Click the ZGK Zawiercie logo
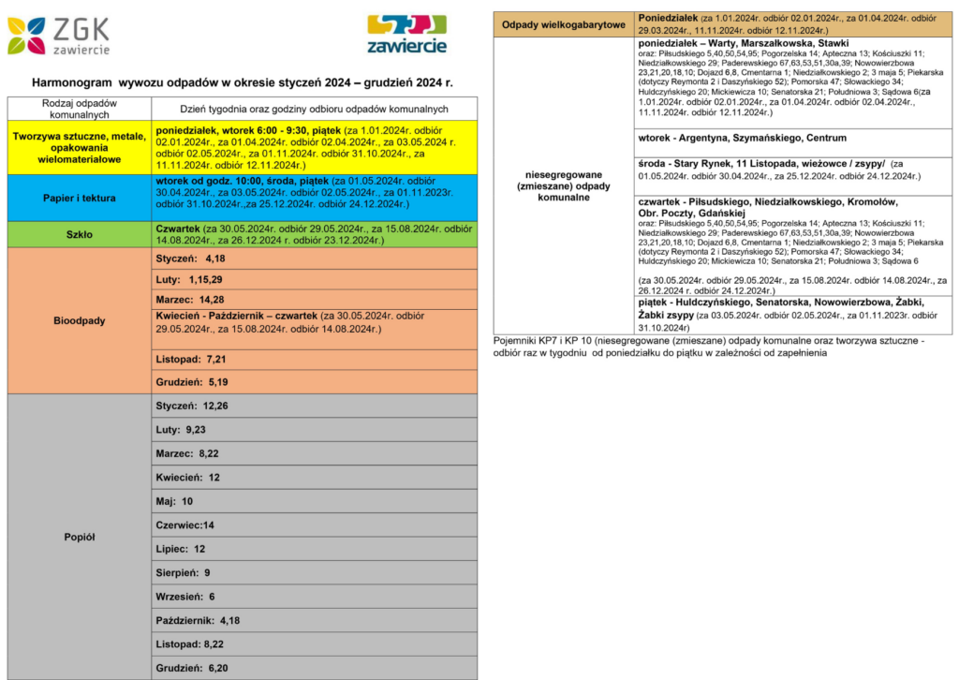59,35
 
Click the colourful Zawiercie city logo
406,34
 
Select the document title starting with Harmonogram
242,82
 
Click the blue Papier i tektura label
80,198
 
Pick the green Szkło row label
80,235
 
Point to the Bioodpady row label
80,320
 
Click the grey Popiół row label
80,537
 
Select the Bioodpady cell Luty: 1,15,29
190,280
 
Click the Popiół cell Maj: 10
174,501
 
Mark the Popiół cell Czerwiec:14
185,525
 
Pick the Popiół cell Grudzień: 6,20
192,668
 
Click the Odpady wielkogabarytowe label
563,24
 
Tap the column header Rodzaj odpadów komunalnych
80,108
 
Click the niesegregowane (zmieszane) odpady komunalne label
563,185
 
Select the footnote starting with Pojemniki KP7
707,347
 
